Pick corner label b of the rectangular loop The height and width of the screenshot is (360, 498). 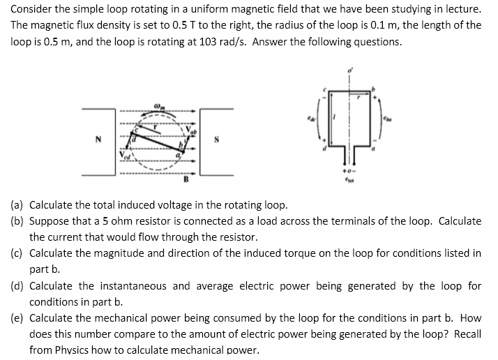coord(377,89)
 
